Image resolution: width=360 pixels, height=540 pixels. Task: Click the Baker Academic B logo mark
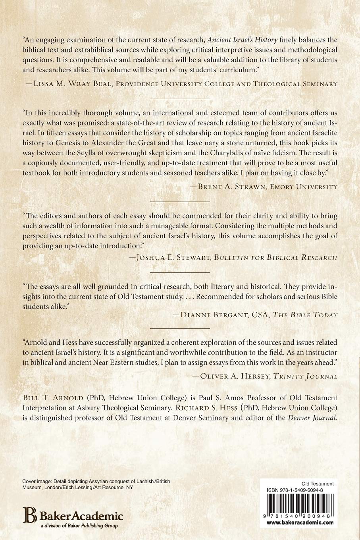(29, 515)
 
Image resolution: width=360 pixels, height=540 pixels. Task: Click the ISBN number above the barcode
(297, 490)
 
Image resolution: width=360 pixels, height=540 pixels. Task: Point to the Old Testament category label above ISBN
(318, 484)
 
